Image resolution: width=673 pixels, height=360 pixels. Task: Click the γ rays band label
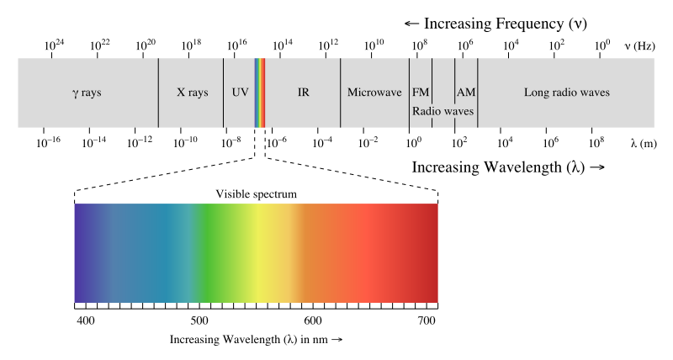click(x=87, y=93)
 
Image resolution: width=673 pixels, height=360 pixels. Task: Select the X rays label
click(x=192, y=93)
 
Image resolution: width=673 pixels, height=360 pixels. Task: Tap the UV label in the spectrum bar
click(x=240, y=93)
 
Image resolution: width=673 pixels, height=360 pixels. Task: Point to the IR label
click(x=303, y=93)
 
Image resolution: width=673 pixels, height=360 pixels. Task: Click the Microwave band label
click(x=374, y=93)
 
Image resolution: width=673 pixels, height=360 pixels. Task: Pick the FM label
click(x=420, y=93)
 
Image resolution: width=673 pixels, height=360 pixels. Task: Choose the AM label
click(x=465, y=93)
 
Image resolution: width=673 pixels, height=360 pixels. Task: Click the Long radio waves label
click(x=566, y=93)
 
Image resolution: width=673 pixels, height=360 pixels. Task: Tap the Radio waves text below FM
click(x=442, y=110)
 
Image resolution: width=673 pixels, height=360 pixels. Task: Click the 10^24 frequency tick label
click(x=54, y=44)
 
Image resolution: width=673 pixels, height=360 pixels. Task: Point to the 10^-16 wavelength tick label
click(x=49, y=142)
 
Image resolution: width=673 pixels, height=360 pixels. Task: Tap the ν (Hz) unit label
click(x=640, y=45)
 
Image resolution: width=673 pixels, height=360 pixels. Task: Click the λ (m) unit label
click(x=644, y=144)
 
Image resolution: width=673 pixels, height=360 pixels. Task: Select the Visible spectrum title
click(x=257, y=194)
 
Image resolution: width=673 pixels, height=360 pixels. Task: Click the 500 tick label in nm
click(x=199, y=320)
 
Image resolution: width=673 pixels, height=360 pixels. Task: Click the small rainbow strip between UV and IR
click(x=260, y=93)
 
